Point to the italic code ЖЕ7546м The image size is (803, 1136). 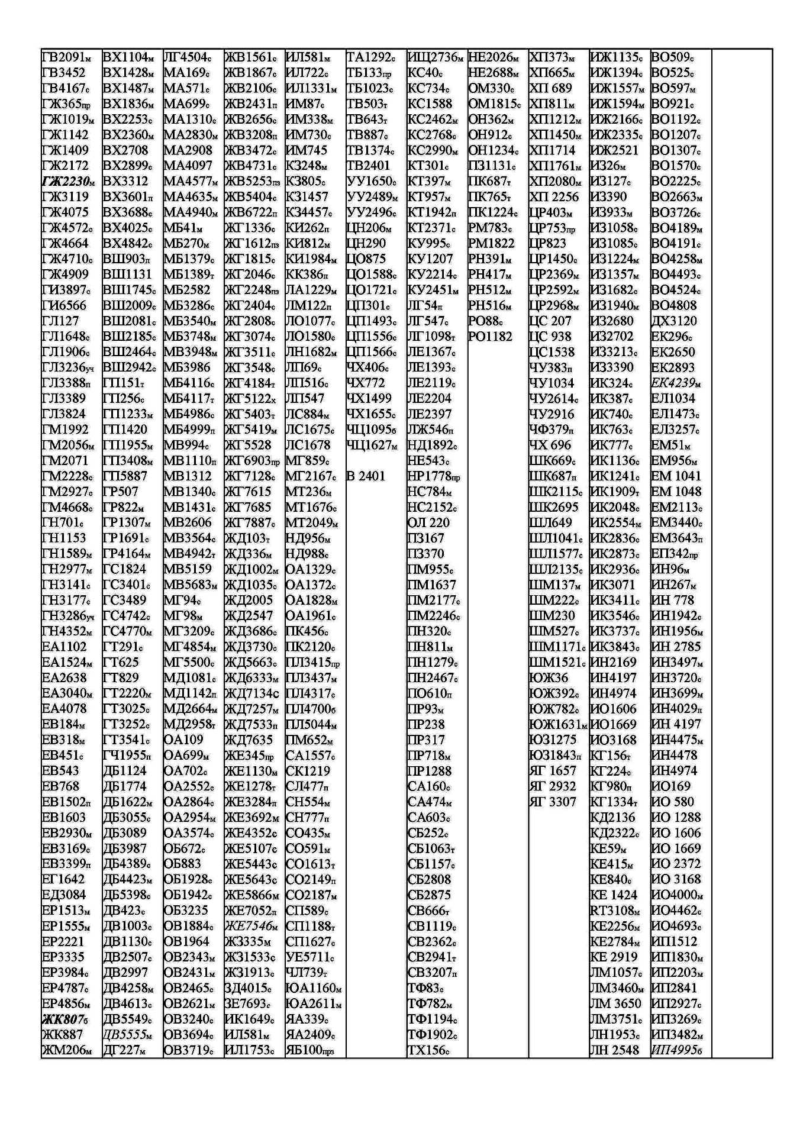pyautogui.click(x=251, y=926)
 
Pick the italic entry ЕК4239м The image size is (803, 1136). pyautogui.click(x=676, y=383)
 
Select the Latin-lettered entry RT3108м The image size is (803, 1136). pyautogui.click(x=615, y=911)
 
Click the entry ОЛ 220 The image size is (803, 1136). pyautogui.click(x=428, y=522)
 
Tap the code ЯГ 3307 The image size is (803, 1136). pyautogui.click(x=553, y=802)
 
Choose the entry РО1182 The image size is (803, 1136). pyautogui.click(x=490, y=337)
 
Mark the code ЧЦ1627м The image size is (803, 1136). pyautogui.click(x=372, y=445)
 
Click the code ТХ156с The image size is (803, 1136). pyautogui.click(x=428, y=1050)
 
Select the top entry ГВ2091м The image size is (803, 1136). pyautogui.click(x=67, y=57)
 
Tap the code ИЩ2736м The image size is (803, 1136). pyautogui.click(x=436, y=57)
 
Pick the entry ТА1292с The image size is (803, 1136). pyautogui.click(x=370, y=57)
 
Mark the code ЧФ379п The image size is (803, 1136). pyautogui.click(x=551, y=430)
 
